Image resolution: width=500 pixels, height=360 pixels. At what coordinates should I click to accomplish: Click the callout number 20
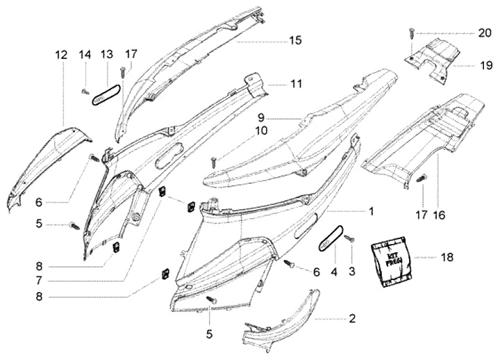[484, 33]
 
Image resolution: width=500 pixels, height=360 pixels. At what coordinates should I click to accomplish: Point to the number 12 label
[62, 54]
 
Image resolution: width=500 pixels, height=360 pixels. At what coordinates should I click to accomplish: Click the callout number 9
[262, 117]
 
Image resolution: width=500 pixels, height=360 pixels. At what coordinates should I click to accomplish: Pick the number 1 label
[372, 210]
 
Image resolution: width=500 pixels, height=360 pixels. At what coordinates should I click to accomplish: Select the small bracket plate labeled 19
[434, 60]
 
